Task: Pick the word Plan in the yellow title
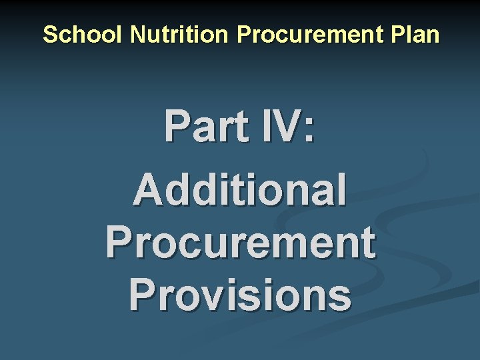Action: tap(418, 35)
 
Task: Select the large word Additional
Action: tap(240, 189)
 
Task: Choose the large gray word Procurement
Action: tap(240, 242)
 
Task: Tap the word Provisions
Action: tap(240, 295)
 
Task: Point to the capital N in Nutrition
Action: tap(138, 35)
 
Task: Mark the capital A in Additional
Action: tap(148, 189)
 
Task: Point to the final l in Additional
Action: tap(341, 189)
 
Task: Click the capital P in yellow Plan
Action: tap(402, 35)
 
